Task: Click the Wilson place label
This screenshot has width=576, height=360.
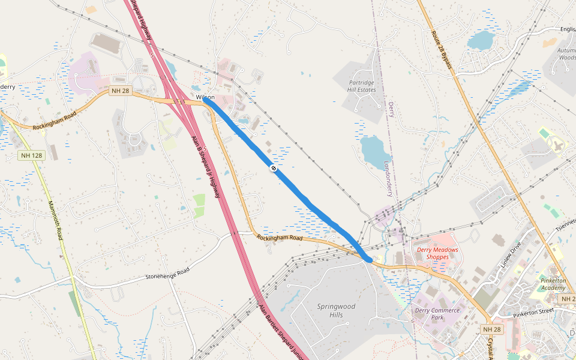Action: (204, 97)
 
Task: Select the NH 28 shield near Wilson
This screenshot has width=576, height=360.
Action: (120, 91)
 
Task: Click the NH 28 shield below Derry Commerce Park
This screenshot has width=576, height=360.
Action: (491, 329)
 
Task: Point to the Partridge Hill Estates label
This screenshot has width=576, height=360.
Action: (362, 86)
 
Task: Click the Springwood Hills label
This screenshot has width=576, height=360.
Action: (336, 310)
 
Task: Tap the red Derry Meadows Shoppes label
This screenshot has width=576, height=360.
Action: (437, 253)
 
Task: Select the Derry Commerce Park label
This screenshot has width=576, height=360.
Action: (437, 314)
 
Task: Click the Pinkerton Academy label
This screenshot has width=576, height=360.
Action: (553, 284)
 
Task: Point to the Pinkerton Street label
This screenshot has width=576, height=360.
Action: (533, 312)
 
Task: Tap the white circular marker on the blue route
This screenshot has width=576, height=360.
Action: (273, 169)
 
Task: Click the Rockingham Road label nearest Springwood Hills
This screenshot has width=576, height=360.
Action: (280, 238)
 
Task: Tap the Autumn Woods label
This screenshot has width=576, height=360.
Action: (566, 54)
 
